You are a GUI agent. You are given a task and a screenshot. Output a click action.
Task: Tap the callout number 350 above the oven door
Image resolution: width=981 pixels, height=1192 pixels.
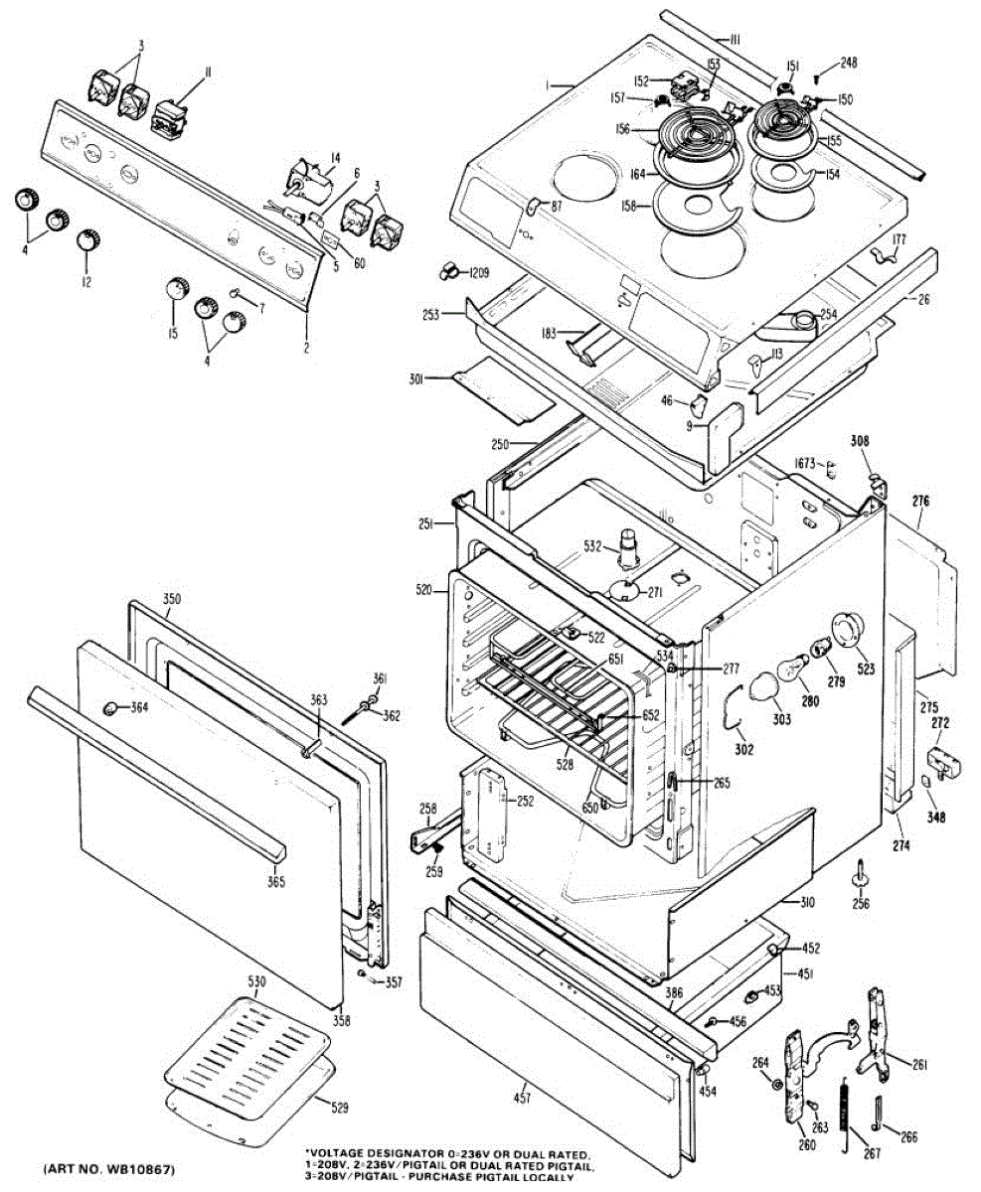[172, 600]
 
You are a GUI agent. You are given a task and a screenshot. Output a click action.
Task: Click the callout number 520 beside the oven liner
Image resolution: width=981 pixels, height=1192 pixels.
[424, 590]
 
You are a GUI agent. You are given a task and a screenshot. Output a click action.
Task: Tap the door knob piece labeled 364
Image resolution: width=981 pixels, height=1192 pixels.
[110, 707]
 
